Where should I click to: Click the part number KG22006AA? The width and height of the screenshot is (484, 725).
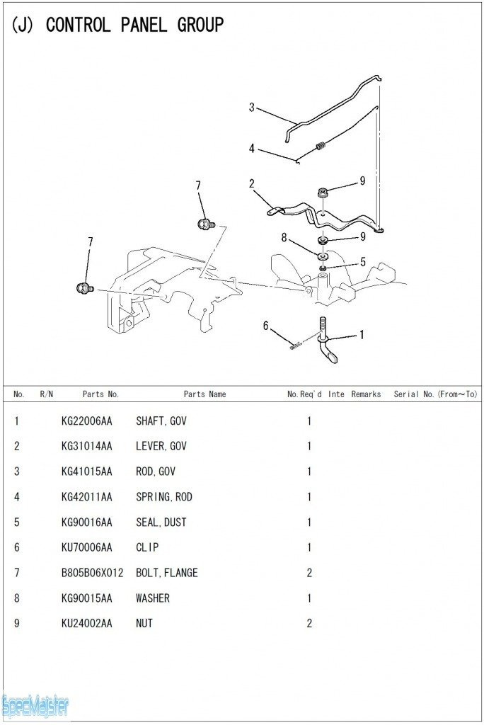86,421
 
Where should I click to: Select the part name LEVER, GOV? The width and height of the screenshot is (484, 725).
161,447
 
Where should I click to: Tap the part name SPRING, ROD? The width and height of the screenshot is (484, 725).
163,497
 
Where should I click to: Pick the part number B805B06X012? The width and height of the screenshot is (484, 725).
92,573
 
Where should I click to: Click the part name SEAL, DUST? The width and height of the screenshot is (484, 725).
161,523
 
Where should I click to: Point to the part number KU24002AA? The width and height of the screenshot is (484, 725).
86,624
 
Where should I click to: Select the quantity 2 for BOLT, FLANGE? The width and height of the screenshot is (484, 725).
309,573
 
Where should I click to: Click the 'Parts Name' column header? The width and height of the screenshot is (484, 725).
204,394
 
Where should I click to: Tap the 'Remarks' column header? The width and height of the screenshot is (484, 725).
366,394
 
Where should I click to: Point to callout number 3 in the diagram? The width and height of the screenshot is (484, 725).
251,108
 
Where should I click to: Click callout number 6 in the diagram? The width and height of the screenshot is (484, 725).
266,326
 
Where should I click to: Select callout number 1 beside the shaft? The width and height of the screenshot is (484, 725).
362,335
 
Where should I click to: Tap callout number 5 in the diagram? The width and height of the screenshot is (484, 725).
363,262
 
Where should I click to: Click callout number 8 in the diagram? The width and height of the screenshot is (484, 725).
284,238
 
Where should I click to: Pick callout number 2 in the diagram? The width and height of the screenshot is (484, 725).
251,184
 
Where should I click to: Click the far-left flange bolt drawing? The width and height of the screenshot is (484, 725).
83,288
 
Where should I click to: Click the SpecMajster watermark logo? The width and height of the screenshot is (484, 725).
35,705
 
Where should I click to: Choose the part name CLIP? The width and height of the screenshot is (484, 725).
147,547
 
